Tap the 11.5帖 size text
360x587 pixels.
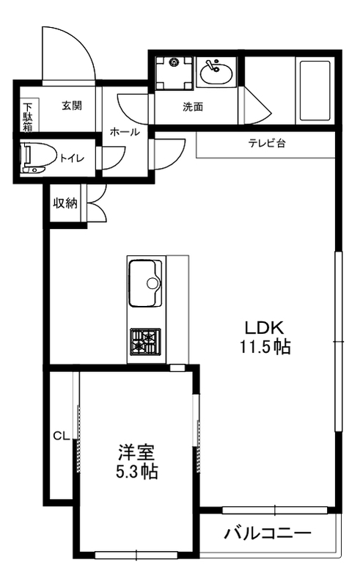point(264,346)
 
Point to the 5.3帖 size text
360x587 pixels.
point(137,471)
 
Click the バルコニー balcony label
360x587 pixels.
point(268,533)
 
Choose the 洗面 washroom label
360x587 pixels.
point(193,106)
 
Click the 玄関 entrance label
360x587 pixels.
point(71,105)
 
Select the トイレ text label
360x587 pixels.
point(71,157)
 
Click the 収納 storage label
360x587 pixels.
point(65,203)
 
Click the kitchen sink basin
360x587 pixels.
point(145,283)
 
